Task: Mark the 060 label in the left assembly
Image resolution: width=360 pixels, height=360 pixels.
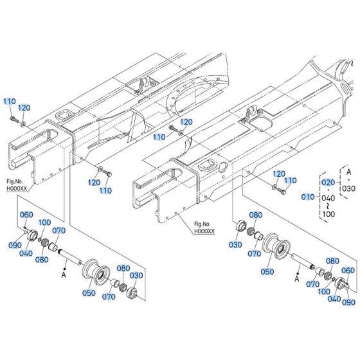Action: click(26, 214)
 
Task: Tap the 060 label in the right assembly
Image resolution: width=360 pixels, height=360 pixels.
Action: click(348, 270)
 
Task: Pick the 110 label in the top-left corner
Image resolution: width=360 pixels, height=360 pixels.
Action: click(9, 102)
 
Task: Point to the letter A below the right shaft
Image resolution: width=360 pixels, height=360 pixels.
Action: click(297, 279)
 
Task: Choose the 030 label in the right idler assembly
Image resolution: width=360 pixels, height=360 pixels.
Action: click(233, 244)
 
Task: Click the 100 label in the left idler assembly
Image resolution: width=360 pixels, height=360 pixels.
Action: click(44, 222)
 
